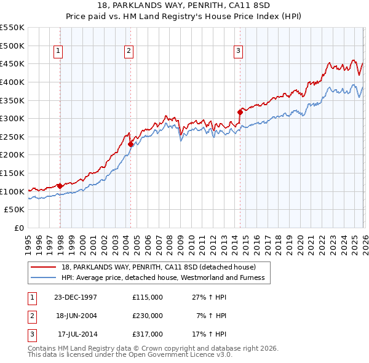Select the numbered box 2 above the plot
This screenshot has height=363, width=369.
(x=129, y=52)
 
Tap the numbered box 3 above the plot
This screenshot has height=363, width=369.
(x=239, y=52)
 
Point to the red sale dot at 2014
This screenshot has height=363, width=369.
(x=240, y=112)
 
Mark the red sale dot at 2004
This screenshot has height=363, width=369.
(x=131, y=144)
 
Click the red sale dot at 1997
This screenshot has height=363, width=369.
(x=60, y=186)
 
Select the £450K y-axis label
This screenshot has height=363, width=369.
(x=12, y=63)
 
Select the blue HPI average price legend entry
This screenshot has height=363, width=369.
(x=162, y=277)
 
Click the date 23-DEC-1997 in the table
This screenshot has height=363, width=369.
(x=76, y=297)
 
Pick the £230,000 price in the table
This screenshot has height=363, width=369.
(x=148, y=316)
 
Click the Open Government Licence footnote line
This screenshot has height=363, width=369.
(x=130, y=354)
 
